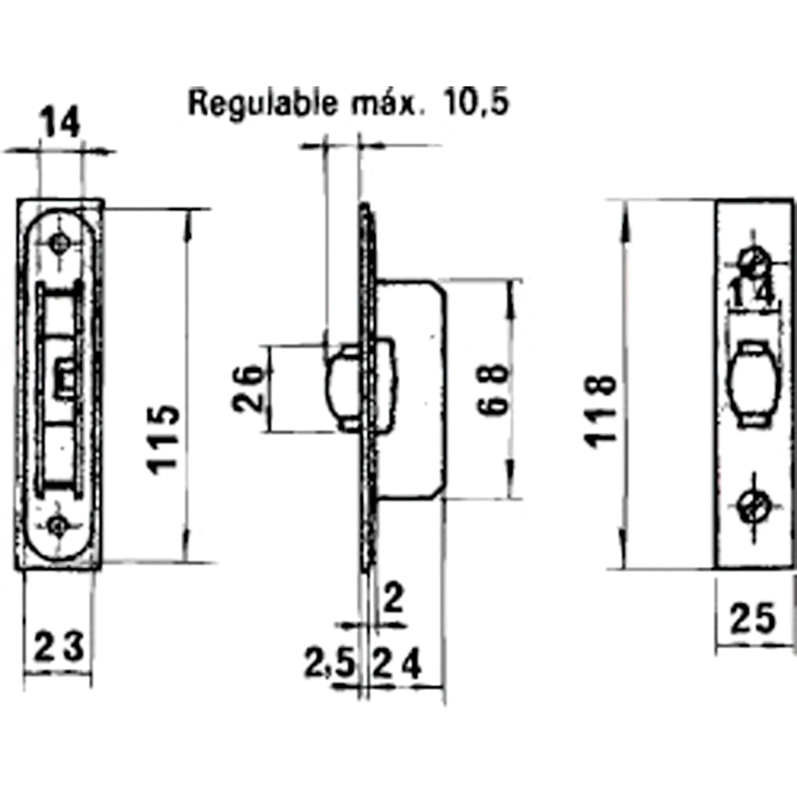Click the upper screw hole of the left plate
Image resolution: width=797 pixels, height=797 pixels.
60,243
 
